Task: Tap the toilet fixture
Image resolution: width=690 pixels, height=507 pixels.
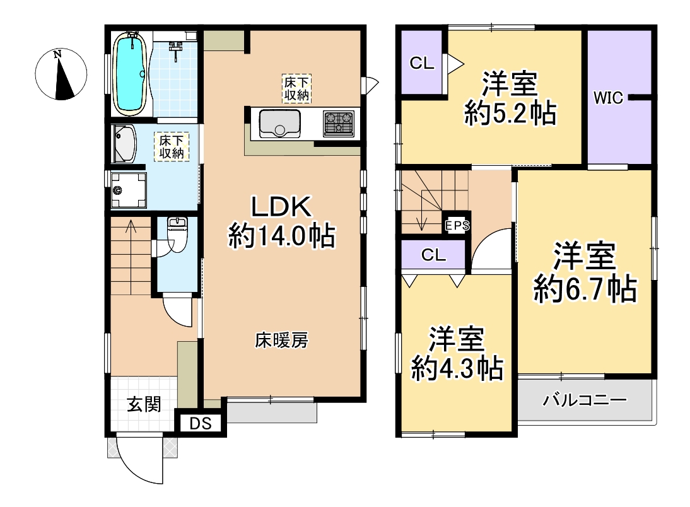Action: tap(177, 233)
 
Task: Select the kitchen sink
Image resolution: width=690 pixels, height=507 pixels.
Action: tap(280, 124)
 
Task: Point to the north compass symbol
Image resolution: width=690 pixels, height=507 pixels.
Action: tap(61, 74)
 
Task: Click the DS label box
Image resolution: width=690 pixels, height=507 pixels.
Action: tap(201, 423)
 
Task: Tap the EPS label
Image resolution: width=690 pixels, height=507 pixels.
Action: tap(457, 226)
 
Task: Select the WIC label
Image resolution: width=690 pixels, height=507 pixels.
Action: tap(609, 97)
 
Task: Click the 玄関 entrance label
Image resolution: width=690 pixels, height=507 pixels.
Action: tap(144, 404)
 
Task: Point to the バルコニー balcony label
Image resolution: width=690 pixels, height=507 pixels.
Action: tap(585, 400)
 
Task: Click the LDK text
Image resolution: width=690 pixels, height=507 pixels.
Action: tap(281, 206)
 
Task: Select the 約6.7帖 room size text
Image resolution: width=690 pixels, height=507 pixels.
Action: tap(585, 289)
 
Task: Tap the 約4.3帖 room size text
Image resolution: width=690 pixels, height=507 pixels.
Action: tap(458, 368)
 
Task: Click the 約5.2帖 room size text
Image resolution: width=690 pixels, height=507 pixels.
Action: tap(510, 113)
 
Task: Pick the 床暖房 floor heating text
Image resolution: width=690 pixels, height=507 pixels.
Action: tap(281, 340)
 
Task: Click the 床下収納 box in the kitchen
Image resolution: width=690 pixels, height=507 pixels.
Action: tap(297, 88)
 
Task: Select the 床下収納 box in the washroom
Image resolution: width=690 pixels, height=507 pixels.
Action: tap(172, 146)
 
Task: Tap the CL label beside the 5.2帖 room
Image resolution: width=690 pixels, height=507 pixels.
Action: tap(422, 63)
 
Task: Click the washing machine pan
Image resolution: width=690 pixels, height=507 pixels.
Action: tap(129, 190)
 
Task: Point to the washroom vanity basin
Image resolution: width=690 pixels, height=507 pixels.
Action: tap(124, 144)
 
